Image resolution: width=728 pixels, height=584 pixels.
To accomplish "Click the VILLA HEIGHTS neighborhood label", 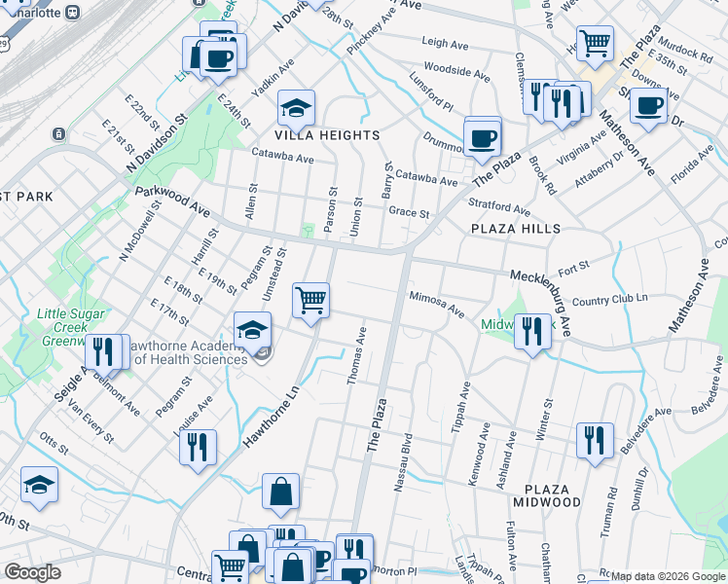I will [x=298, y=135].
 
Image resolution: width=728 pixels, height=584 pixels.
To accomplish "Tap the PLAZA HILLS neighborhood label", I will [x=516, y=228].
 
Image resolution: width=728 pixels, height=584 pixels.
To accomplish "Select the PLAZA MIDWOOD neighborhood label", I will [x=553, y=494].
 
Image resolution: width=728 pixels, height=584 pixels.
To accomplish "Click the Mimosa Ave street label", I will [x=436, y=304].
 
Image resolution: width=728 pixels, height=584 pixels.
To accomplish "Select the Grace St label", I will [x=409, y=212].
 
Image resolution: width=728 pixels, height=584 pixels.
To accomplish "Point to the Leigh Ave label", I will [x=446, y=42].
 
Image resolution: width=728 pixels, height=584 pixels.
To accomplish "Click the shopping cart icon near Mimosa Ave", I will [x=310, y=300].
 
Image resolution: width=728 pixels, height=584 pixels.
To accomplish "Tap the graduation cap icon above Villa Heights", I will [x=297, y=106].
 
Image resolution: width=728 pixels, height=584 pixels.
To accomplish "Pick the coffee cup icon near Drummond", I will [x=482, y=137].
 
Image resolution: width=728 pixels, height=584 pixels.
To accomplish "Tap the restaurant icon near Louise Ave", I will [x=198, y=447].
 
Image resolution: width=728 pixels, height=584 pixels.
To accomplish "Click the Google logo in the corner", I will [x=33, y=572].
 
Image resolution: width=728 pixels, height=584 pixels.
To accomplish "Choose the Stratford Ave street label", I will [x=498, y=208].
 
